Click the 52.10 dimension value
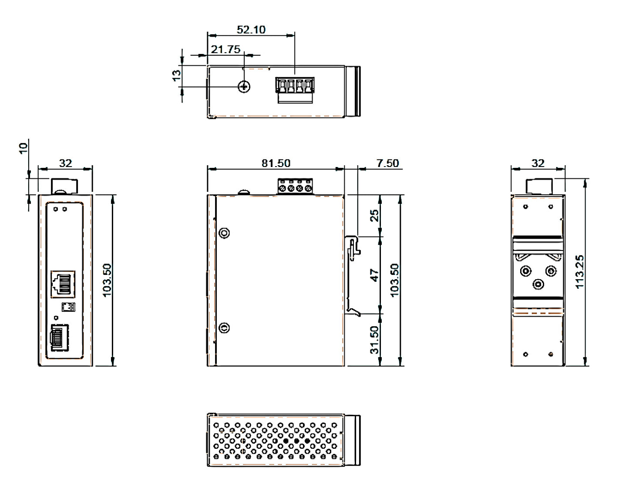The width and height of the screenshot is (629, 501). pos(251,30)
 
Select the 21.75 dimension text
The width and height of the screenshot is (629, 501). pos(225,49)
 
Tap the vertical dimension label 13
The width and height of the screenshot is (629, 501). pos(176,75)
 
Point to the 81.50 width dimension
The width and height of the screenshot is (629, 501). pos(276,163)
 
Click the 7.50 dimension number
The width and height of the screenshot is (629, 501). pos(387,163)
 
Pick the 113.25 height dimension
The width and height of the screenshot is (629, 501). pos(579,272)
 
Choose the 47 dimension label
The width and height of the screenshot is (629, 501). pos(374,275)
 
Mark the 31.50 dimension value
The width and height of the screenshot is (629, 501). pos(374,340)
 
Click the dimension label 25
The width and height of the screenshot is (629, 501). pos(374,216)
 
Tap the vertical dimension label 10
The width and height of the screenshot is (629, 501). pos(23,148)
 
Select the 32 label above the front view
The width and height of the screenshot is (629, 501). pos(65,163)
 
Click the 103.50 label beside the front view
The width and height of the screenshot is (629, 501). pos(107,280)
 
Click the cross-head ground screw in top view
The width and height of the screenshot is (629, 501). pos(245,87)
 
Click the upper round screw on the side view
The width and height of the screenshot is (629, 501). pos(224,233)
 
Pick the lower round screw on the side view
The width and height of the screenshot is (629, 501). pos(224,327)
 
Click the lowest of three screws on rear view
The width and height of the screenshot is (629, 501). pos(538,284)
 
